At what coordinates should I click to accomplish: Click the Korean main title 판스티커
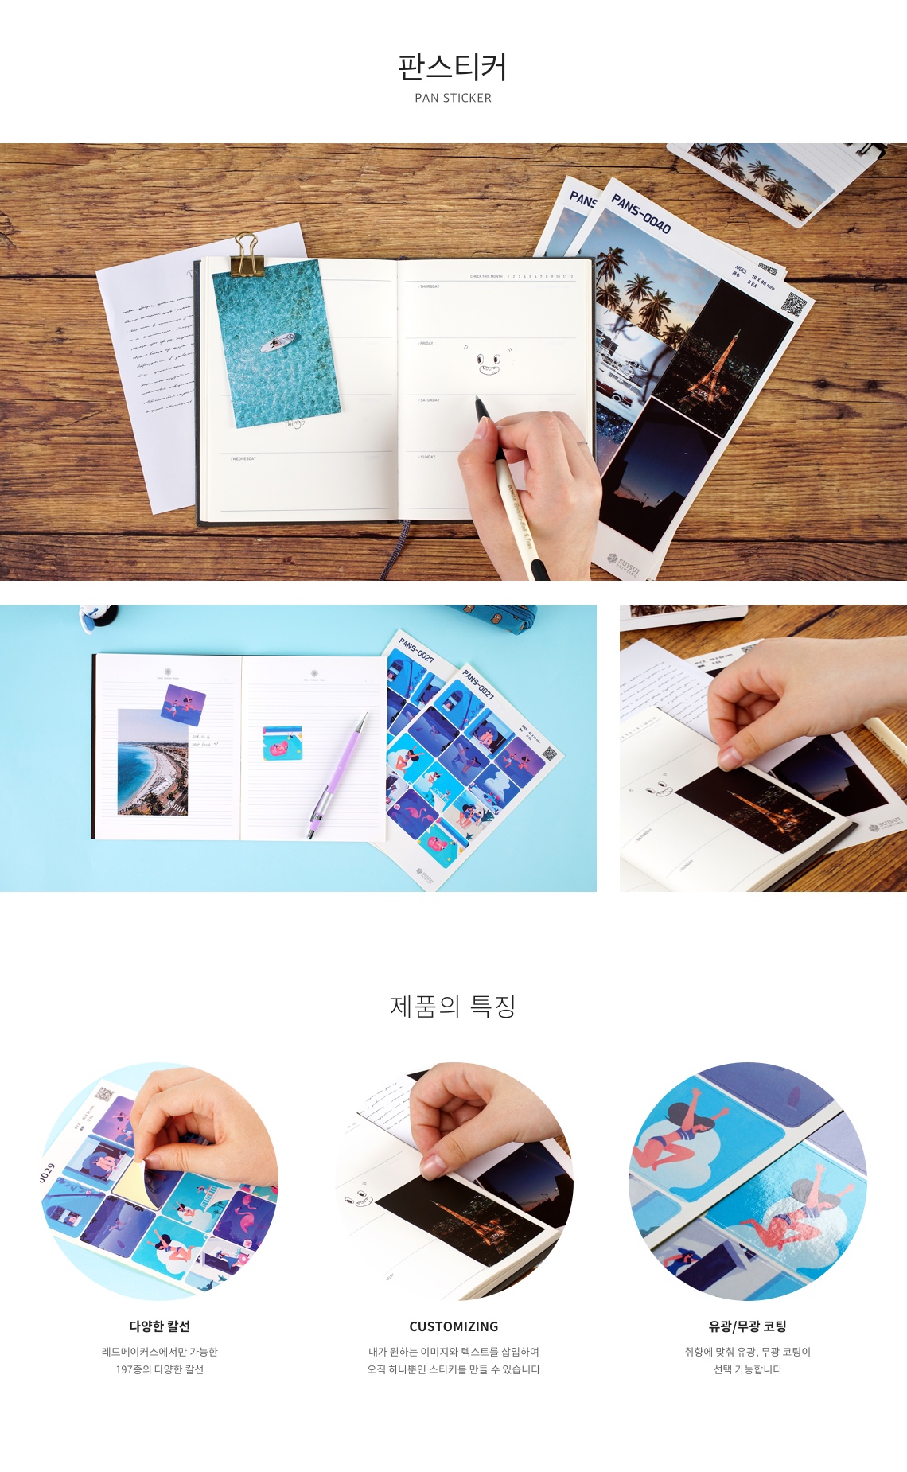tap(453, 67)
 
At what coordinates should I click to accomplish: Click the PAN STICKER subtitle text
tap(453, 98)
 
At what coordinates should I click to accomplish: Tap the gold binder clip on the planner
tap(247, 254)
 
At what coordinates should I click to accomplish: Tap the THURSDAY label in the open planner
tap(429, 286)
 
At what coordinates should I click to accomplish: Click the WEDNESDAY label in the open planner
tap(243, 459)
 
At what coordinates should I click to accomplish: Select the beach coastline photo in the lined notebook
tap(152, 762)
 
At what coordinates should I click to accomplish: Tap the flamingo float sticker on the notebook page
tap(282, 742)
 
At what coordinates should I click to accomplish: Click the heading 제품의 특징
tap(453, 1007)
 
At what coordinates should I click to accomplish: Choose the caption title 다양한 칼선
tap(160, 1326)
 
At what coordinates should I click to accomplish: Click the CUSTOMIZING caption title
tap(453, 1326)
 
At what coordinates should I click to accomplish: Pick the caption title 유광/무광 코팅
tap(747, 1326)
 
